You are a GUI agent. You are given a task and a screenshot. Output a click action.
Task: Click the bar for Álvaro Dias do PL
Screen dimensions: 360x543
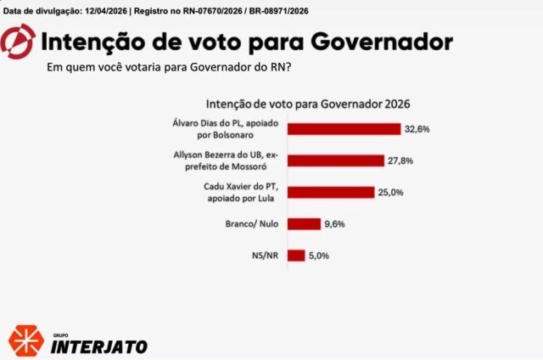pyautogui.click(x=344, y=129)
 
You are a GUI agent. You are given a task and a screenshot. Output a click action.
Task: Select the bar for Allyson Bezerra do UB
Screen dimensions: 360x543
pyautogui.click(x=335, y=160)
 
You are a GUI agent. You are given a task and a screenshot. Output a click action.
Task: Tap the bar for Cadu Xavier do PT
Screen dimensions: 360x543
pyautogui.click(x=331, y=192)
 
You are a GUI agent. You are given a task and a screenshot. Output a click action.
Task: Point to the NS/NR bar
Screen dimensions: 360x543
pyautogui.click(x=296, y=255)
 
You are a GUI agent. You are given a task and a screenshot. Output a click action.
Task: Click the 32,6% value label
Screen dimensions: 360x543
pyautogui.click(x=417, y=129)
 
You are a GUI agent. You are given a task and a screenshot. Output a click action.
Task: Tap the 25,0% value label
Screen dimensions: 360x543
pyautogui.click(x=390, y=193)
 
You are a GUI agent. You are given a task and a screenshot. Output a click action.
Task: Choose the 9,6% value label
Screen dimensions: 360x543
pyautogui.click(x=333, y=224)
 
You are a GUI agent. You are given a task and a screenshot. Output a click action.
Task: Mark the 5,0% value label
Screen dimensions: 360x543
pyautogui.click(x=319, y=256)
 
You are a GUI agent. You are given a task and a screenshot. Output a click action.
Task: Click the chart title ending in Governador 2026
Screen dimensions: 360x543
pyautogui.click(x=308, y=104)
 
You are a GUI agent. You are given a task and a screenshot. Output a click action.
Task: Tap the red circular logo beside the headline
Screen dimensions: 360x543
pyautogui.click(x=19, y=41)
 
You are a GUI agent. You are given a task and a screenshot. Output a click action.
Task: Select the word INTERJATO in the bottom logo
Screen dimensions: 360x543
pyautogui.click(x=99, y=346)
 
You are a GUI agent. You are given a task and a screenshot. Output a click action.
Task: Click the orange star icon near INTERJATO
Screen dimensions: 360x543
pyautogui.click(x=25, y=340)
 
